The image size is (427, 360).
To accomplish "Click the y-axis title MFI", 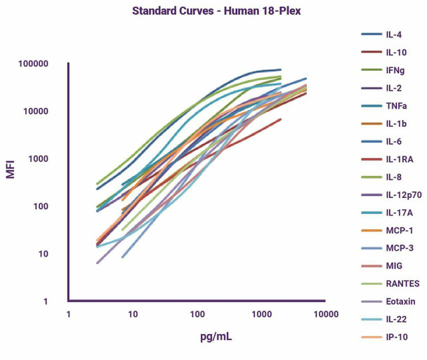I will (11, 168).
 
